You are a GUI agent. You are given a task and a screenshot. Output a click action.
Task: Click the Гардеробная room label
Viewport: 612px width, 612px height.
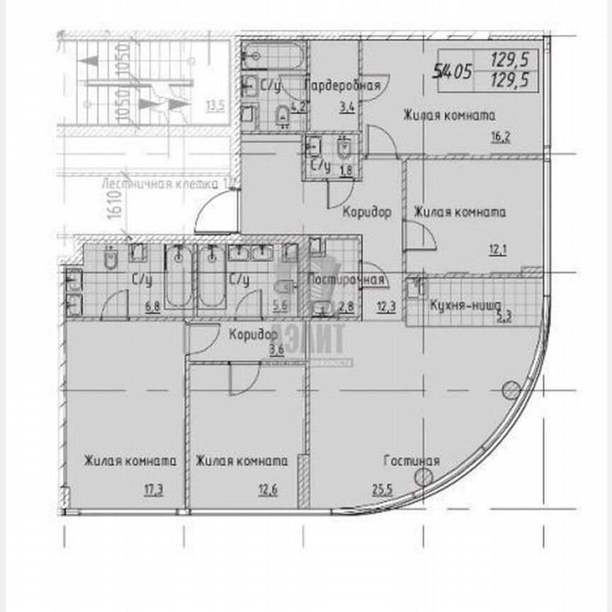[343, 86]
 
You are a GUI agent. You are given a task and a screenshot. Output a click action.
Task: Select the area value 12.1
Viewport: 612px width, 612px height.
[498, 249]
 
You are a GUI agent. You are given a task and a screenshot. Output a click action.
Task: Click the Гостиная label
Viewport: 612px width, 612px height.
[412, 461]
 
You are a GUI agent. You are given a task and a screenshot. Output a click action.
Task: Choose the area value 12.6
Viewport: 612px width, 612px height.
[266, 488]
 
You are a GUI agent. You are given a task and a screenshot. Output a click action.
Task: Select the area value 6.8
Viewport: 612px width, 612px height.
[152, 307]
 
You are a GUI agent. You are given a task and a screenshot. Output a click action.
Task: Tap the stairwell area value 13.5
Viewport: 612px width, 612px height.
[215, 107]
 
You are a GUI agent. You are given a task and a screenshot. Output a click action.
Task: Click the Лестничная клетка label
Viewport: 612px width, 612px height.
[167, 183]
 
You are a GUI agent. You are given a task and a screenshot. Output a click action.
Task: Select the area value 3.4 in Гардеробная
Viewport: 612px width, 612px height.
[346, 108]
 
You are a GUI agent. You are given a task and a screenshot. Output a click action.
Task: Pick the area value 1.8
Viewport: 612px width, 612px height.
[347, 169]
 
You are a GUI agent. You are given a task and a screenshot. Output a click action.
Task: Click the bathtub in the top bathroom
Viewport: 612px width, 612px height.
[273, 55]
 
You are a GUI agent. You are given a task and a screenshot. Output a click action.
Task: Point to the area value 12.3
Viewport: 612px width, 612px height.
[386, 306]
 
